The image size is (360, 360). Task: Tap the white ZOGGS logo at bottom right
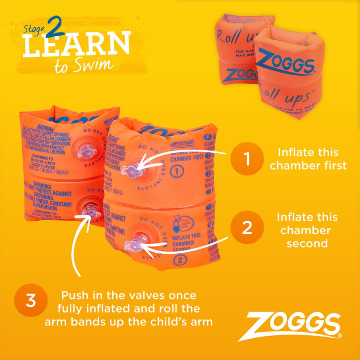click(x=294, y=327)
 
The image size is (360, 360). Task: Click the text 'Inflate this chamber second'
click(x=307, y=230)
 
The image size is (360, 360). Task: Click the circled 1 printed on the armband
click(x=176, y=172)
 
